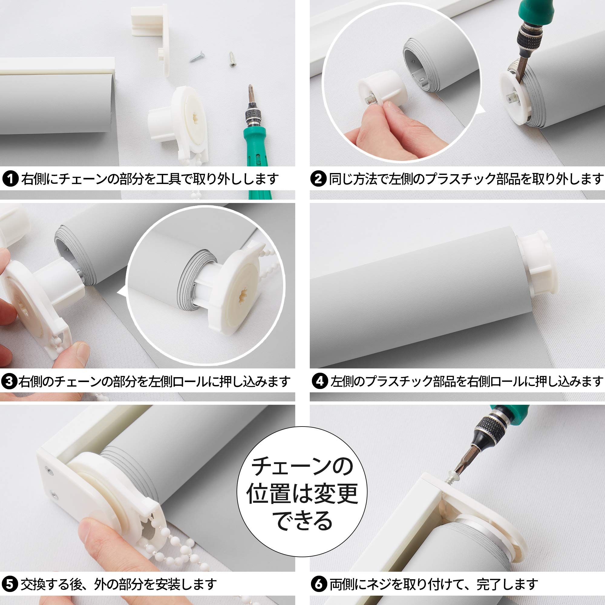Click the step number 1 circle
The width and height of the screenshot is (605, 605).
10,179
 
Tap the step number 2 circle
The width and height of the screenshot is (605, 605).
318,179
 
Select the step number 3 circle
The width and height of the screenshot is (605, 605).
9,381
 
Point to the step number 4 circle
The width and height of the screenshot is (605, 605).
320,381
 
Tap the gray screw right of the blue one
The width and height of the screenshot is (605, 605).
232,60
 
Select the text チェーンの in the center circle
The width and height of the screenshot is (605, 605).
302,466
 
